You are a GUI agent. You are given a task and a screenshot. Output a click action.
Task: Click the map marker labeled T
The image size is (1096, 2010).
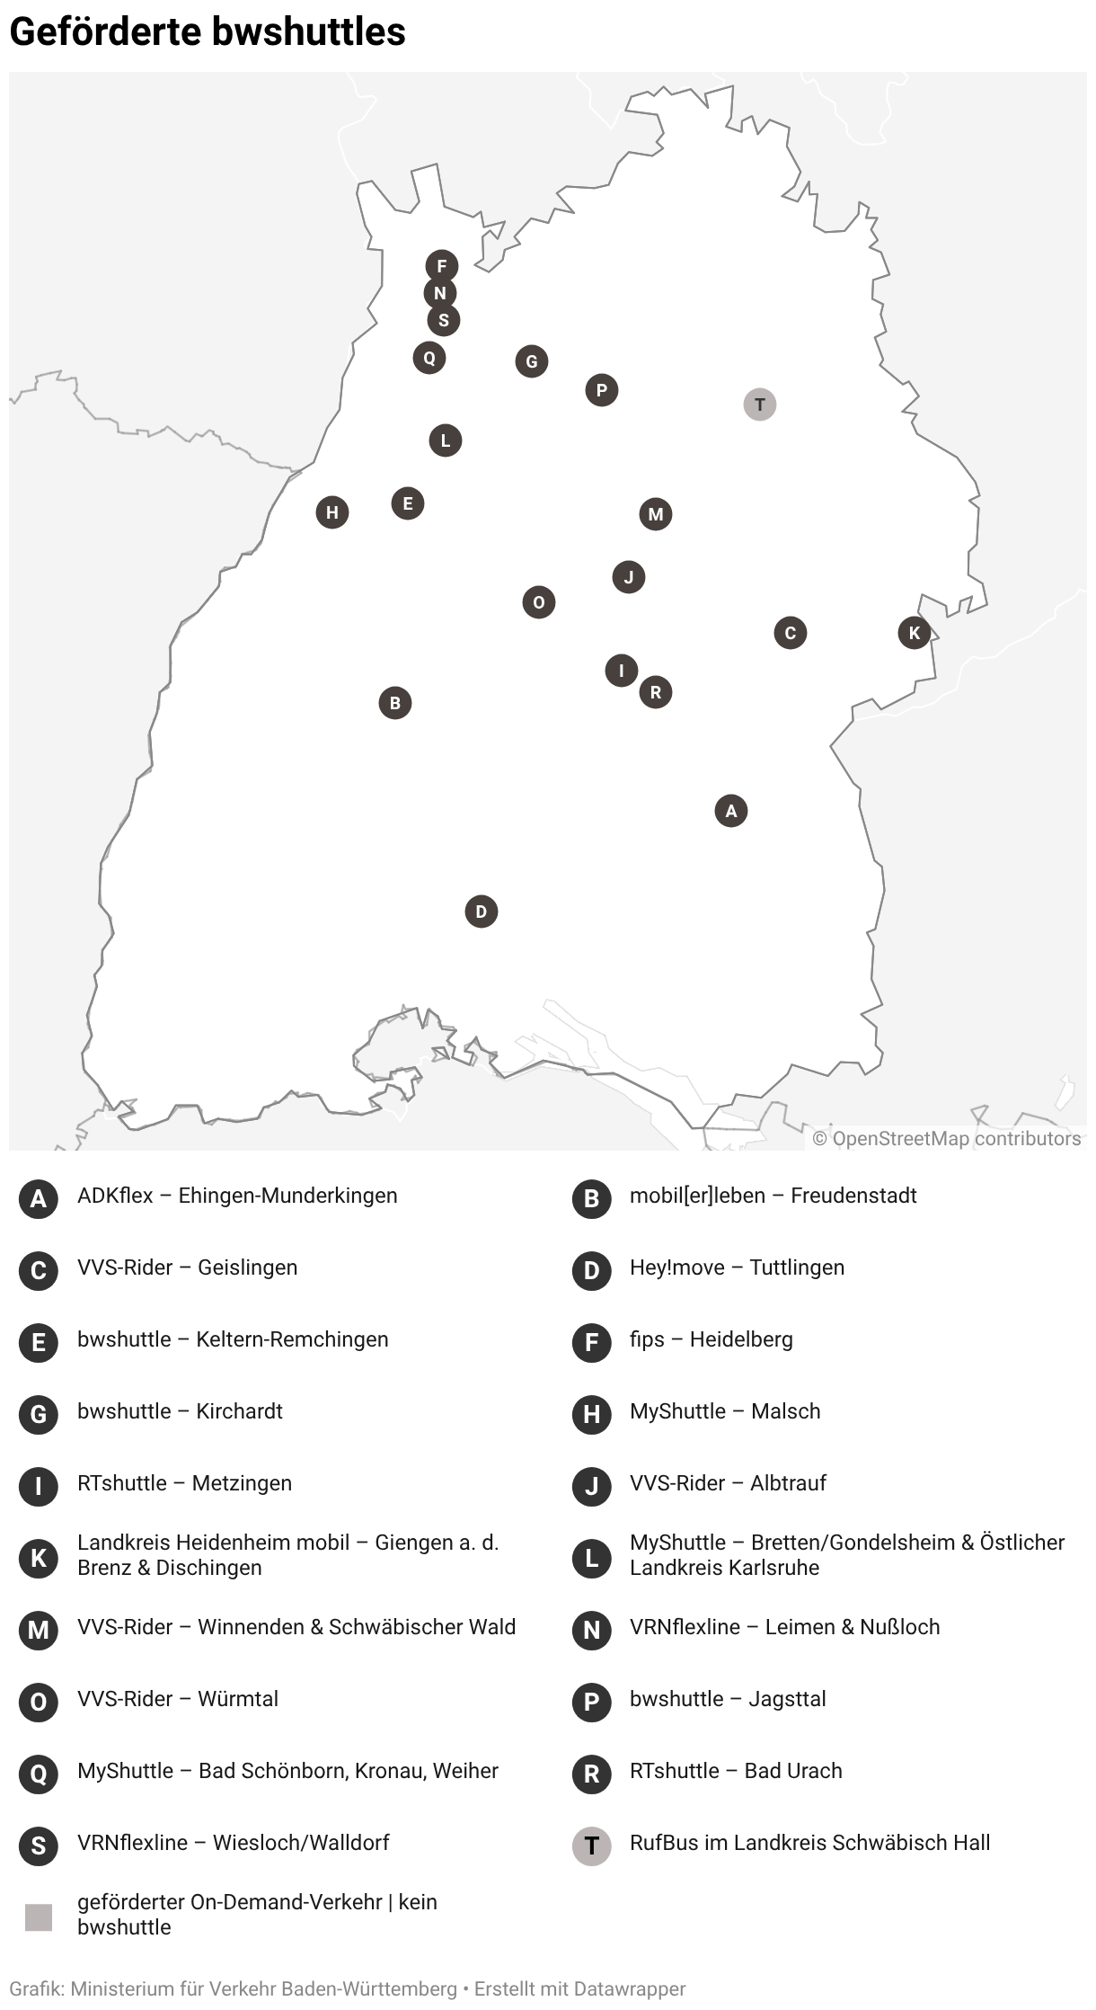760,405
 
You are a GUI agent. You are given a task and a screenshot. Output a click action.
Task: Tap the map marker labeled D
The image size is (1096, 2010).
482,912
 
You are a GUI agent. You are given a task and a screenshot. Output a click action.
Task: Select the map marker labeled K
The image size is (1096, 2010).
915,633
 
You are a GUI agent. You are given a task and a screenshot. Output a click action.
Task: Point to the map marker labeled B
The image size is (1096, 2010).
395,703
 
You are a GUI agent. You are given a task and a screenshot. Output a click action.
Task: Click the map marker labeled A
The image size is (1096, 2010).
731,811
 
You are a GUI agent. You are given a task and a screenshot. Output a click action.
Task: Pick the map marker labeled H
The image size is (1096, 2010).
332,512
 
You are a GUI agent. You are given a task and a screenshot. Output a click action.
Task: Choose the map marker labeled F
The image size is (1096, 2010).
442,265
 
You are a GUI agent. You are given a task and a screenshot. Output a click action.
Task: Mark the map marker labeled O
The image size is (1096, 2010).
539,602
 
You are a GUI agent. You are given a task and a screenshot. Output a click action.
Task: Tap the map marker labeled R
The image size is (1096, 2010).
656,692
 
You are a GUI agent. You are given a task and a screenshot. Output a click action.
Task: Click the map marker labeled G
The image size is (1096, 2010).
532,361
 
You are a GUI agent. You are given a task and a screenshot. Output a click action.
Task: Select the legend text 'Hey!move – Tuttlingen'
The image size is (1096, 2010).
737,1267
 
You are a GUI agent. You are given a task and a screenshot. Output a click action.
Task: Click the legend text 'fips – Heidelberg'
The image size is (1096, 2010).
711,1339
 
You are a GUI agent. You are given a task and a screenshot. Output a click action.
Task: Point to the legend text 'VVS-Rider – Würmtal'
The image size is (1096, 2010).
178,1699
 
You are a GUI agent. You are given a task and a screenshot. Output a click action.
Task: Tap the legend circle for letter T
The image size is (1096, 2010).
591,1846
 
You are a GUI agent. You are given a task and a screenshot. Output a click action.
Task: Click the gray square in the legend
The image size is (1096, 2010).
39,1917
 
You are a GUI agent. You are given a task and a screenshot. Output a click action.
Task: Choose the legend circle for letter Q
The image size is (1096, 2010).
39,1774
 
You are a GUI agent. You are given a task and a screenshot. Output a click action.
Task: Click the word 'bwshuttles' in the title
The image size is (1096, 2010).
310,32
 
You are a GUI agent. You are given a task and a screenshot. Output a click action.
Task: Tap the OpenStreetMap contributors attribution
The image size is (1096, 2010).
947,1138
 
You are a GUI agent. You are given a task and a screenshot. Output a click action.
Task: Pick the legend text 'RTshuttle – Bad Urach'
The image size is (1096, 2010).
736,1771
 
